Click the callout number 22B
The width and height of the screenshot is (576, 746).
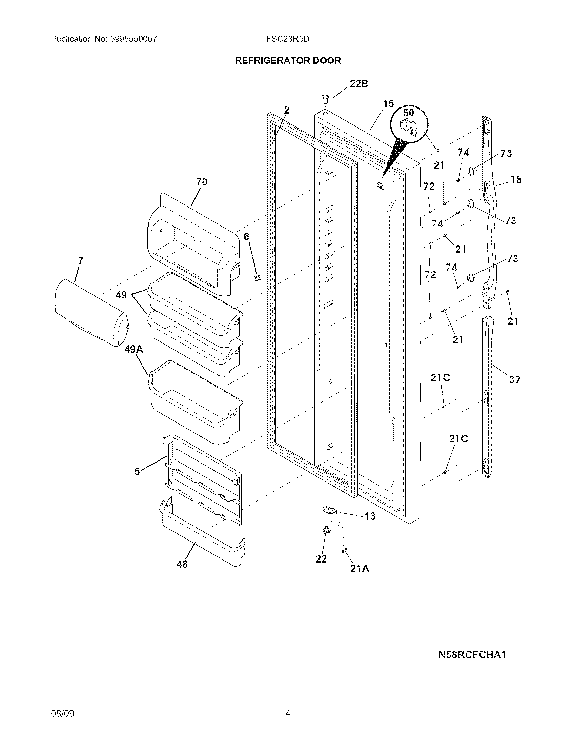pyautogui.click(x=359, y=84)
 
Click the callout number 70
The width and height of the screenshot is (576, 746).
pyautogui.click(x=202, y=182)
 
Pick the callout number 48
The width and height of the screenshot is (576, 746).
pyautogui.click(x=182, y=564)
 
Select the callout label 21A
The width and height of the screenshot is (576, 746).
pyautogui.click(x=359, y=569)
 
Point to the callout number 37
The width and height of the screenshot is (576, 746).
pyautogui.click(x=515, y=379)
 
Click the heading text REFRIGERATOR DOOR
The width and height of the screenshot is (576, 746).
pyautogui.click(x=288, y=61)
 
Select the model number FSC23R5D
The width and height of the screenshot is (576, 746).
pyautogui.click(x=288, y=39)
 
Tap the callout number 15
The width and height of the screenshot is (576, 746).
pyautogui.click(x=388, y=104)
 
